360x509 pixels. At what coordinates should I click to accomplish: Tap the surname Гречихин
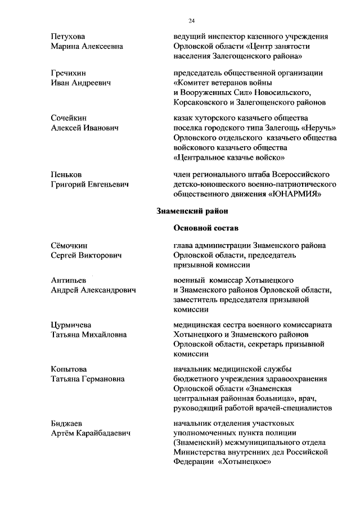tap(67, 73)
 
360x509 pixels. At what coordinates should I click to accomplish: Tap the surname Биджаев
tap(65, 422)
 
